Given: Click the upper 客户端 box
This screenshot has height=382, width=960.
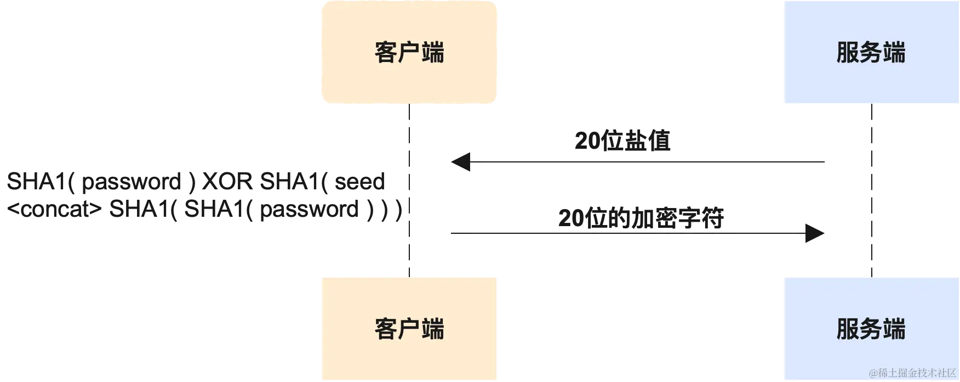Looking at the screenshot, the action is tap(409, 52).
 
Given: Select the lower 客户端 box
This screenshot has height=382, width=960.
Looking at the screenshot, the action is tap(409, 329).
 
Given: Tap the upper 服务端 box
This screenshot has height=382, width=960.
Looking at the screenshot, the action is tap(870, 52).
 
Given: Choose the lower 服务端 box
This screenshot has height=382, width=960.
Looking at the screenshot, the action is tap(870, 329).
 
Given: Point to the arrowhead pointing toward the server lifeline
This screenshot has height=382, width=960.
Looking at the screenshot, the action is tap(813, 235).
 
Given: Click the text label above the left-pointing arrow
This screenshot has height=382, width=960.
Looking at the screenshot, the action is tap(622, 140).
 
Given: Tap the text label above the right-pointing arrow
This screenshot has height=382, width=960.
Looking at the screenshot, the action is tap(642, 217).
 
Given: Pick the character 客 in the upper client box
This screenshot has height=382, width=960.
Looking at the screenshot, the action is tap(386, 53).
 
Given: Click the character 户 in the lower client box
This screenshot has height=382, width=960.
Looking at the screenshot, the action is tap(409, 329).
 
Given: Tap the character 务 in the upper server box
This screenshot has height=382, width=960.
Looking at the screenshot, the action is tap(871, 53).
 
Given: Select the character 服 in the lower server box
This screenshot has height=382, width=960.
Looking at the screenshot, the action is tap(847, 329).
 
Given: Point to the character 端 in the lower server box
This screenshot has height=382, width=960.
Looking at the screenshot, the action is tap(894, 329).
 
